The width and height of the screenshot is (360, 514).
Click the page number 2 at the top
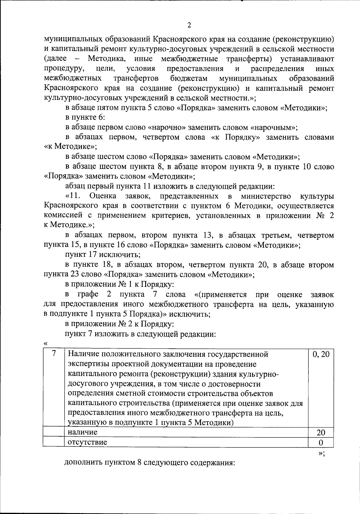[x=189, y=25]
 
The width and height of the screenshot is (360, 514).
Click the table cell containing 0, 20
[x=321, y=354]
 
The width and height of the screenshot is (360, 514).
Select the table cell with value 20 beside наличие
[x=321, y=432]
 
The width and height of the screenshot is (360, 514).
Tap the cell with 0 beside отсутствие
[x=321, y=443]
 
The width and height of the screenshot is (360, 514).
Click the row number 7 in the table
[x=54, y=354]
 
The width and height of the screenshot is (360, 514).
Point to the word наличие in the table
[x=82, y=432]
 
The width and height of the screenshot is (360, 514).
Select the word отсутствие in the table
[x=87, y=442]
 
